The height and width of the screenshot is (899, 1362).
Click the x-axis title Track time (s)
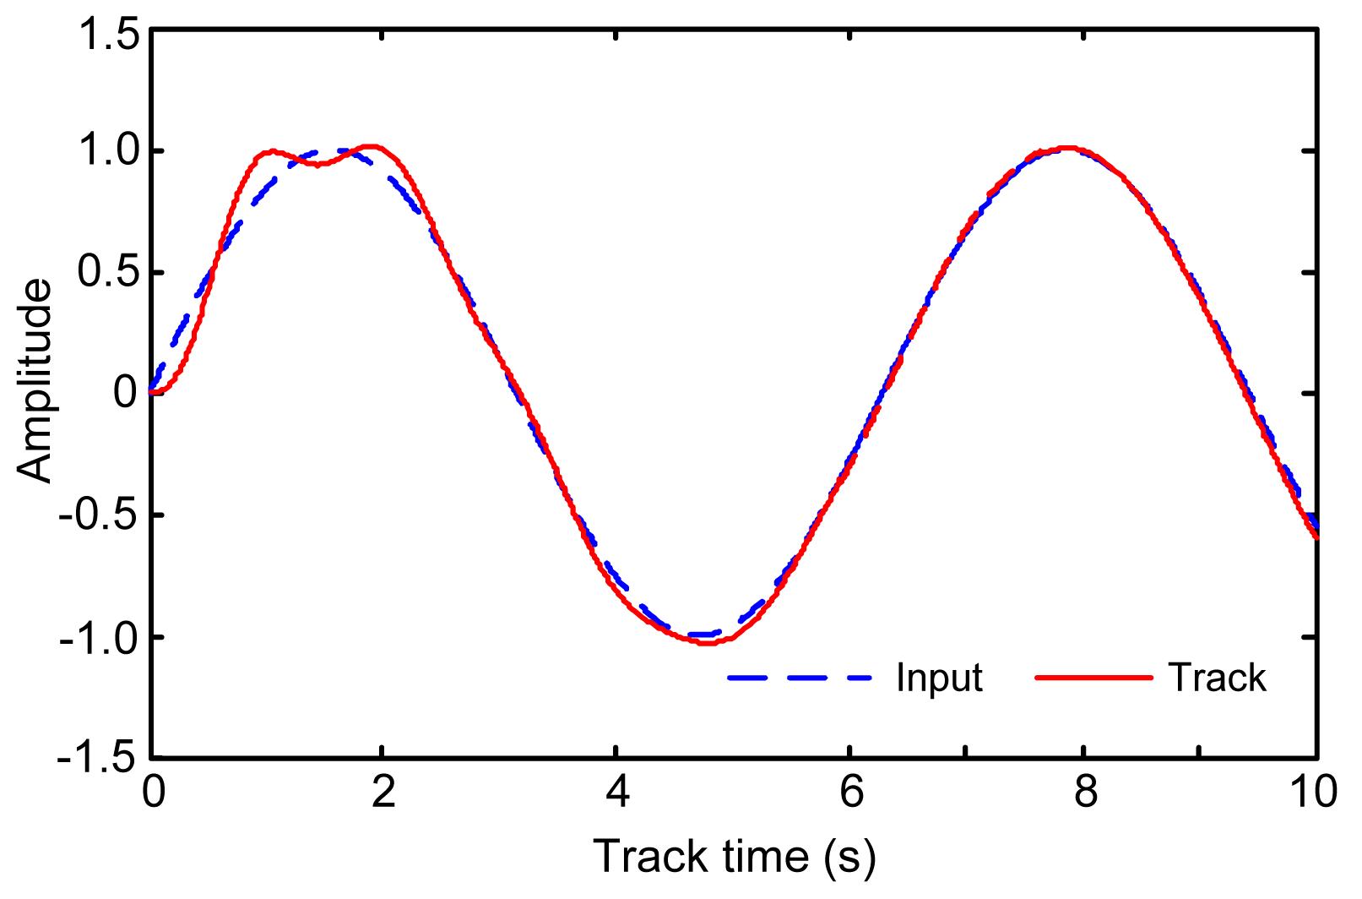[x=735, y=857]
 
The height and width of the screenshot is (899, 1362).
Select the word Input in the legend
[x=940, y=678]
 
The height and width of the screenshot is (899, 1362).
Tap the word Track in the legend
[x=1218, y=678]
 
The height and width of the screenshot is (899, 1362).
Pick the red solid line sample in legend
[x=1093, y=678]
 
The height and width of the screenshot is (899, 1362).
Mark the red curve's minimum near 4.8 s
[x=706, y=643]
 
